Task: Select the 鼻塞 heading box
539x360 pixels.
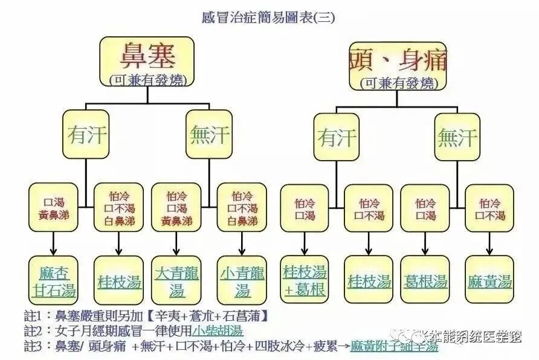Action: (147, 60)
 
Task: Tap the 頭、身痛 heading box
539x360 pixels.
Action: (398, 65)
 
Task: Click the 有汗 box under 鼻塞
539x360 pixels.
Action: (88, 134)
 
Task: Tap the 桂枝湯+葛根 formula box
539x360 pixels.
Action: (305, 280)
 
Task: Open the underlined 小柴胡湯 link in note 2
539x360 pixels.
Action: (218, 331)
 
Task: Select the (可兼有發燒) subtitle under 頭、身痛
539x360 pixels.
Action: (398, 83)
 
